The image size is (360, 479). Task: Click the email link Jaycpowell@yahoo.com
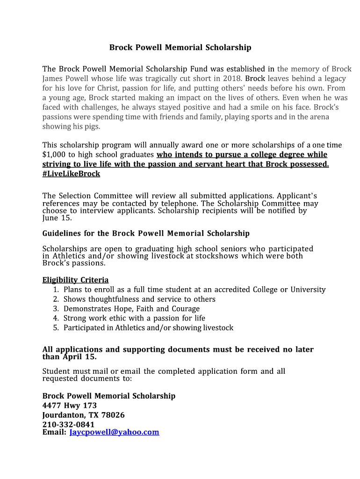(114, 432)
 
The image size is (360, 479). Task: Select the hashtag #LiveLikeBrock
(71, 174)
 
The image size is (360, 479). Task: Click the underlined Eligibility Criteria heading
(75, 280)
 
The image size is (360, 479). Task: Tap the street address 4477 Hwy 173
(70, 405)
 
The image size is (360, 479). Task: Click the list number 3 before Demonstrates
(55, 309)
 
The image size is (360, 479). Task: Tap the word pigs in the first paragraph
(91, 127)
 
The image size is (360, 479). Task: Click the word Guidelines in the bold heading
(62, 233)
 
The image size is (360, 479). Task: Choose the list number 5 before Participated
(55, 327)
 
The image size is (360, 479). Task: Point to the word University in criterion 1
(308, 290)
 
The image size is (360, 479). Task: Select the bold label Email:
(54, 432)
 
